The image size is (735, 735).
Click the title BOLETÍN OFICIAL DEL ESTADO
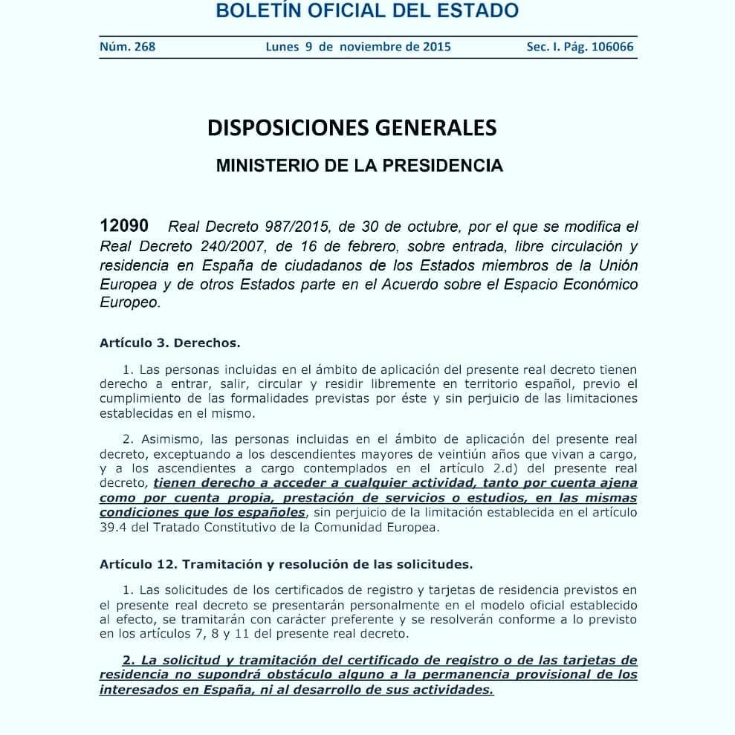[x=366, y=11]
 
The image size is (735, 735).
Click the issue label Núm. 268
[x=127, y=47]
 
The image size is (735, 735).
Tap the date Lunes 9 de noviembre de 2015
[x=358, y=47]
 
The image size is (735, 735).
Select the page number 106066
[x=609, y=47]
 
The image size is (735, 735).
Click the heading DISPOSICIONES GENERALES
[x=352, y=128]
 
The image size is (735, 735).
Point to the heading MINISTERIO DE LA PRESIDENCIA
[x=359, y=165]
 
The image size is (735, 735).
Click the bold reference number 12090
[x=124, y=226]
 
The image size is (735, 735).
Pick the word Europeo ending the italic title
[x=130, y=304]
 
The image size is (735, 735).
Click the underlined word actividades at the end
[x=451, y=690]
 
